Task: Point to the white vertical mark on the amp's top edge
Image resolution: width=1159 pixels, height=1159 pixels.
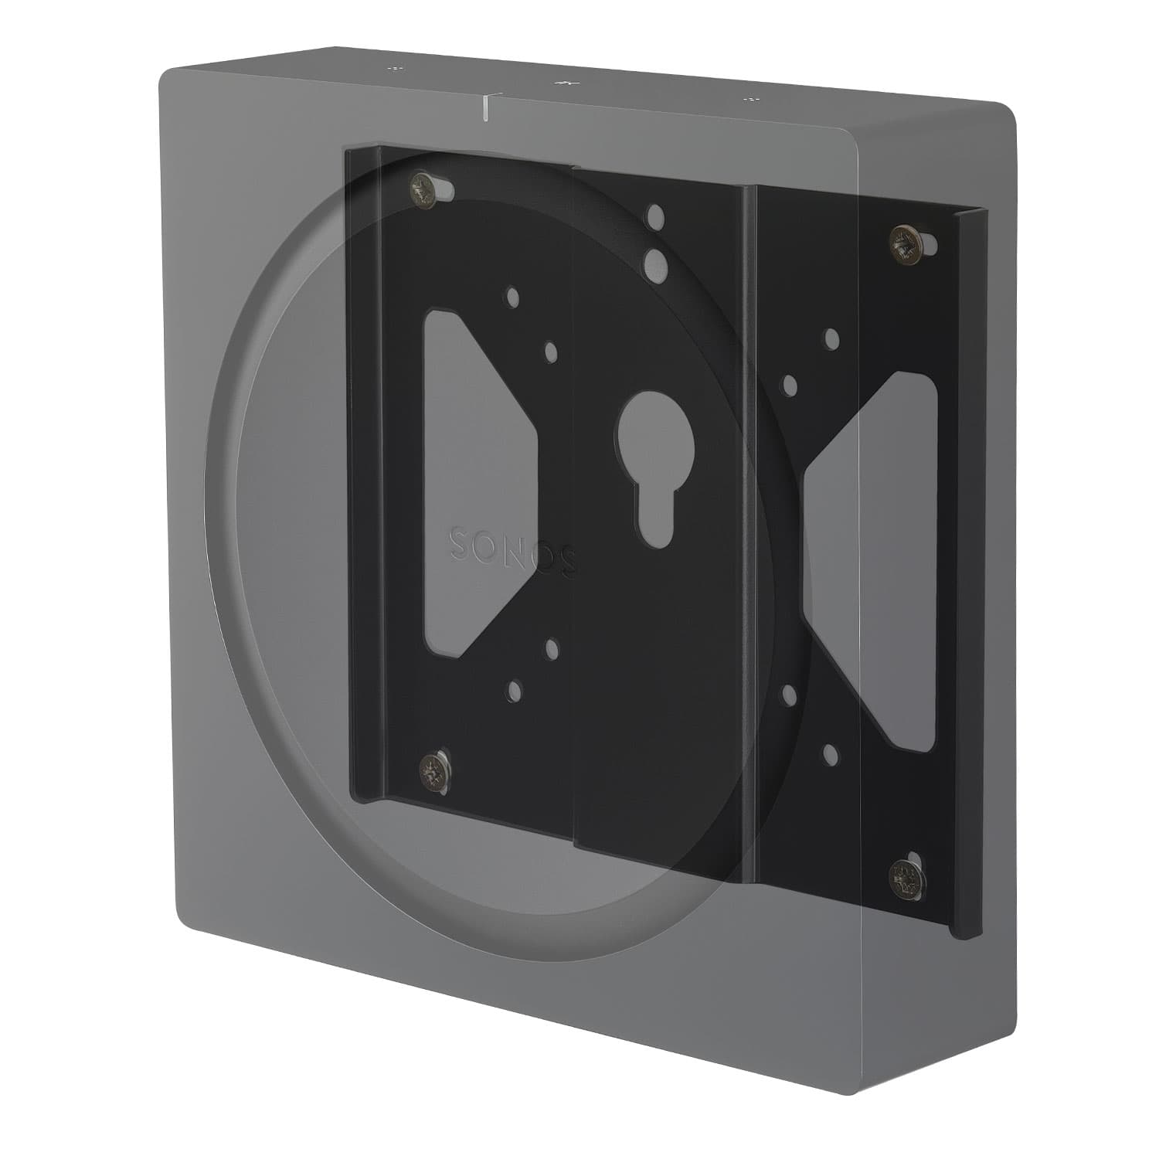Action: [484, 107]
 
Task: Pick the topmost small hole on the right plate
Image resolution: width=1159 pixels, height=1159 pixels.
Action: [831, 338]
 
